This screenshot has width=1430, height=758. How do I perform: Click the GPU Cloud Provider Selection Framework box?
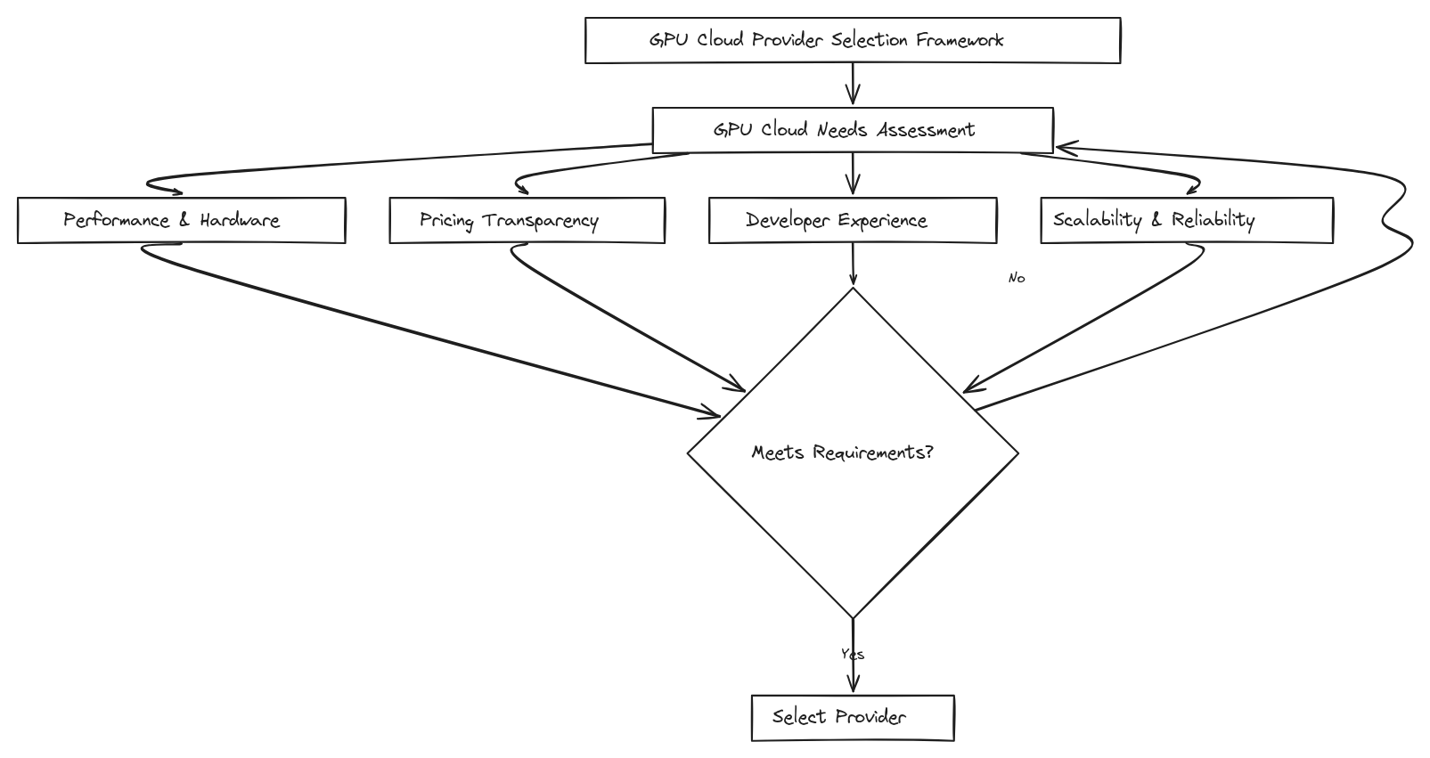click(x=852, y=40)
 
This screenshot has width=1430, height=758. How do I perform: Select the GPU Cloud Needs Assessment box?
click(x=852, y=130)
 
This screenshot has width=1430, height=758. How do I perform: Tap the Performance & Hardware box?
click(x=181, y=220)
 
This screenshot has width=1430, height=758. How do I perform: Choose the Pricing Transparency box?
click(x=527, y=220)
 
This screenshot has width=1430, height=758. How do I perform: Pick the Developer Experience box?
click(x=852, y=220)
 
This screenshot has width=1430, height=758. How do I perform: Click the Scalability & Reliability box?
click(x=1186, y=220)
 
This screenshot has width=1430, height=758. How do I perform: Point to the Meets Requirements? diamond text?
click(x=842, y=452)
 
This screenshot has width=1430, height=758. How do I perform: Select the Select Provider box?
click(x=852, y=717)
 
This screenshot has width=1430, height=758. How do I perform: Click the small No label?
click(x=1017, y=278)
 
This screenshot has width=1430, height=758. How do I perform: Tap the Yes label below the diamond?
click(x=853, y=654)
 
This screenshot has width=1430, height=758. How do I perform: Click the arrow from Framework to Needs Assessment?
click(x=853, y=86)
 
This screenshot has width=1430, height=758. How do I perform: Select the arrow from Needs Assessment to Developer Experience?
click(x=853, y=175)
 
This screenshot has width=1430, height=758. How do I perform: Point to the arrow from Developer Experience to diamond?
click(x=853, y=265)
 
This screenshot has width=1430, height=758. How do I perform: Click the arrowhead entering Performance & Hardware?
click(x=176, y=191)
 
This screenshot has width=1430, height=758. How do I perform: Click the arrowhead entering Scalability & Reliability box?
click(x=1192, y=189)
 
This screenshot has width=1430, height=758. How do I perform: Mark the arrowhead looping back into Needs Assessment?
click(x=1064, y=147)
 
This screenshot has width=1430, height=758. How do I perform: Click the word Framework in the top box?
click(x=960, y=40)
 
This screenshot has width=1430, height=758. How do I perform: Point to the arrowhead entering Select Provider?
click(x=853, y=684)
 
